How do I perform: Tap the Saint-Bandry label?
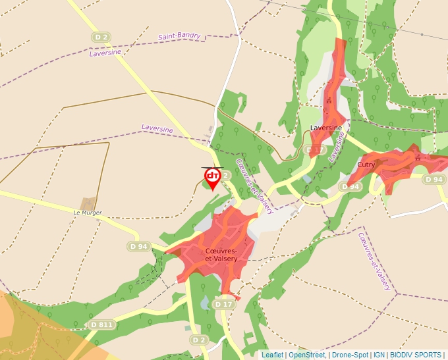pos(179,36)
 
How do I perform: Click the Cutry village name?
pos(366,165)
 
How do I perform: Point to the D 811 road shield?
pos(102,324)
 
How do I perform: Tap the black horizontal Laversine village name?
pos(326,127)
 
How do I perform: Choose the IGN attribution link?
pos(379,355)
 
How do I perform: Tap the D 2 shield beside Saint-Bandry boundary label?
pos(101,38)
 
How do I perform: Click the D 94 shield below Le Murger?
pos(140,247)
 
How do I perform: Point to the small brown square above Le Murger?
pos(88,204)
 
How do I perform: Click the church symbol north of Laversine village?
pos(328,101)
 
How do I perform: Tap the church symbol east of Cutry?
pos(417,157)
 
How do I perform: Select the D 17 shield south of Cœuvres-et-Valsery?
pos(225,304)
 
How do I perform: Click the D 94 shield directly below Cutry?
pos(351,187)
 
